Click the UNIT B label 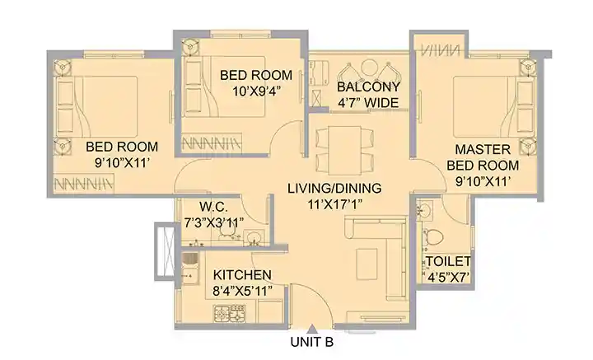click(x=312, y=342)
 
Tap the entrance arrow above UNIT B click(x=312, y=328)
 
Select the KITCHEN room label click(x=242, y=275)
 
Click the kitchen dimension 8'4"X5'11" click(x=242, y=291)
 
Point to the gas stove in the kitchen click(x=230, y=314)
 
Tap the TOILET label click(x=449, y=261)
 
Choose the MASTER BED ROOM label click(x=483, y=157)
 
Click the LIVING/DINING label click(x=334, y=189)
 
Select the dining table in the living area click(x=344, y=150)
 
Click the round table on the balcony click(x=370, y=68)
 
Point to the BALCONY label click(x=368, y=87)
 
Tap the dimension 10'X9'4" click(x=256, y=91)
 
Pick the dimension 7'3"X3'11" click(x=213, y=222)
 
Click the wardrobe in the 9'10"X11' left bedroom click(x=84, y=184)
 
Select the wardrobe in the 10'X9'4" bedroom click(x=212, y=143)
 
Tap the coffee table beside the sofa click(x=367, y=264)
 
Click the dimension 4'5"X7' click(x=449, y=278)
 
